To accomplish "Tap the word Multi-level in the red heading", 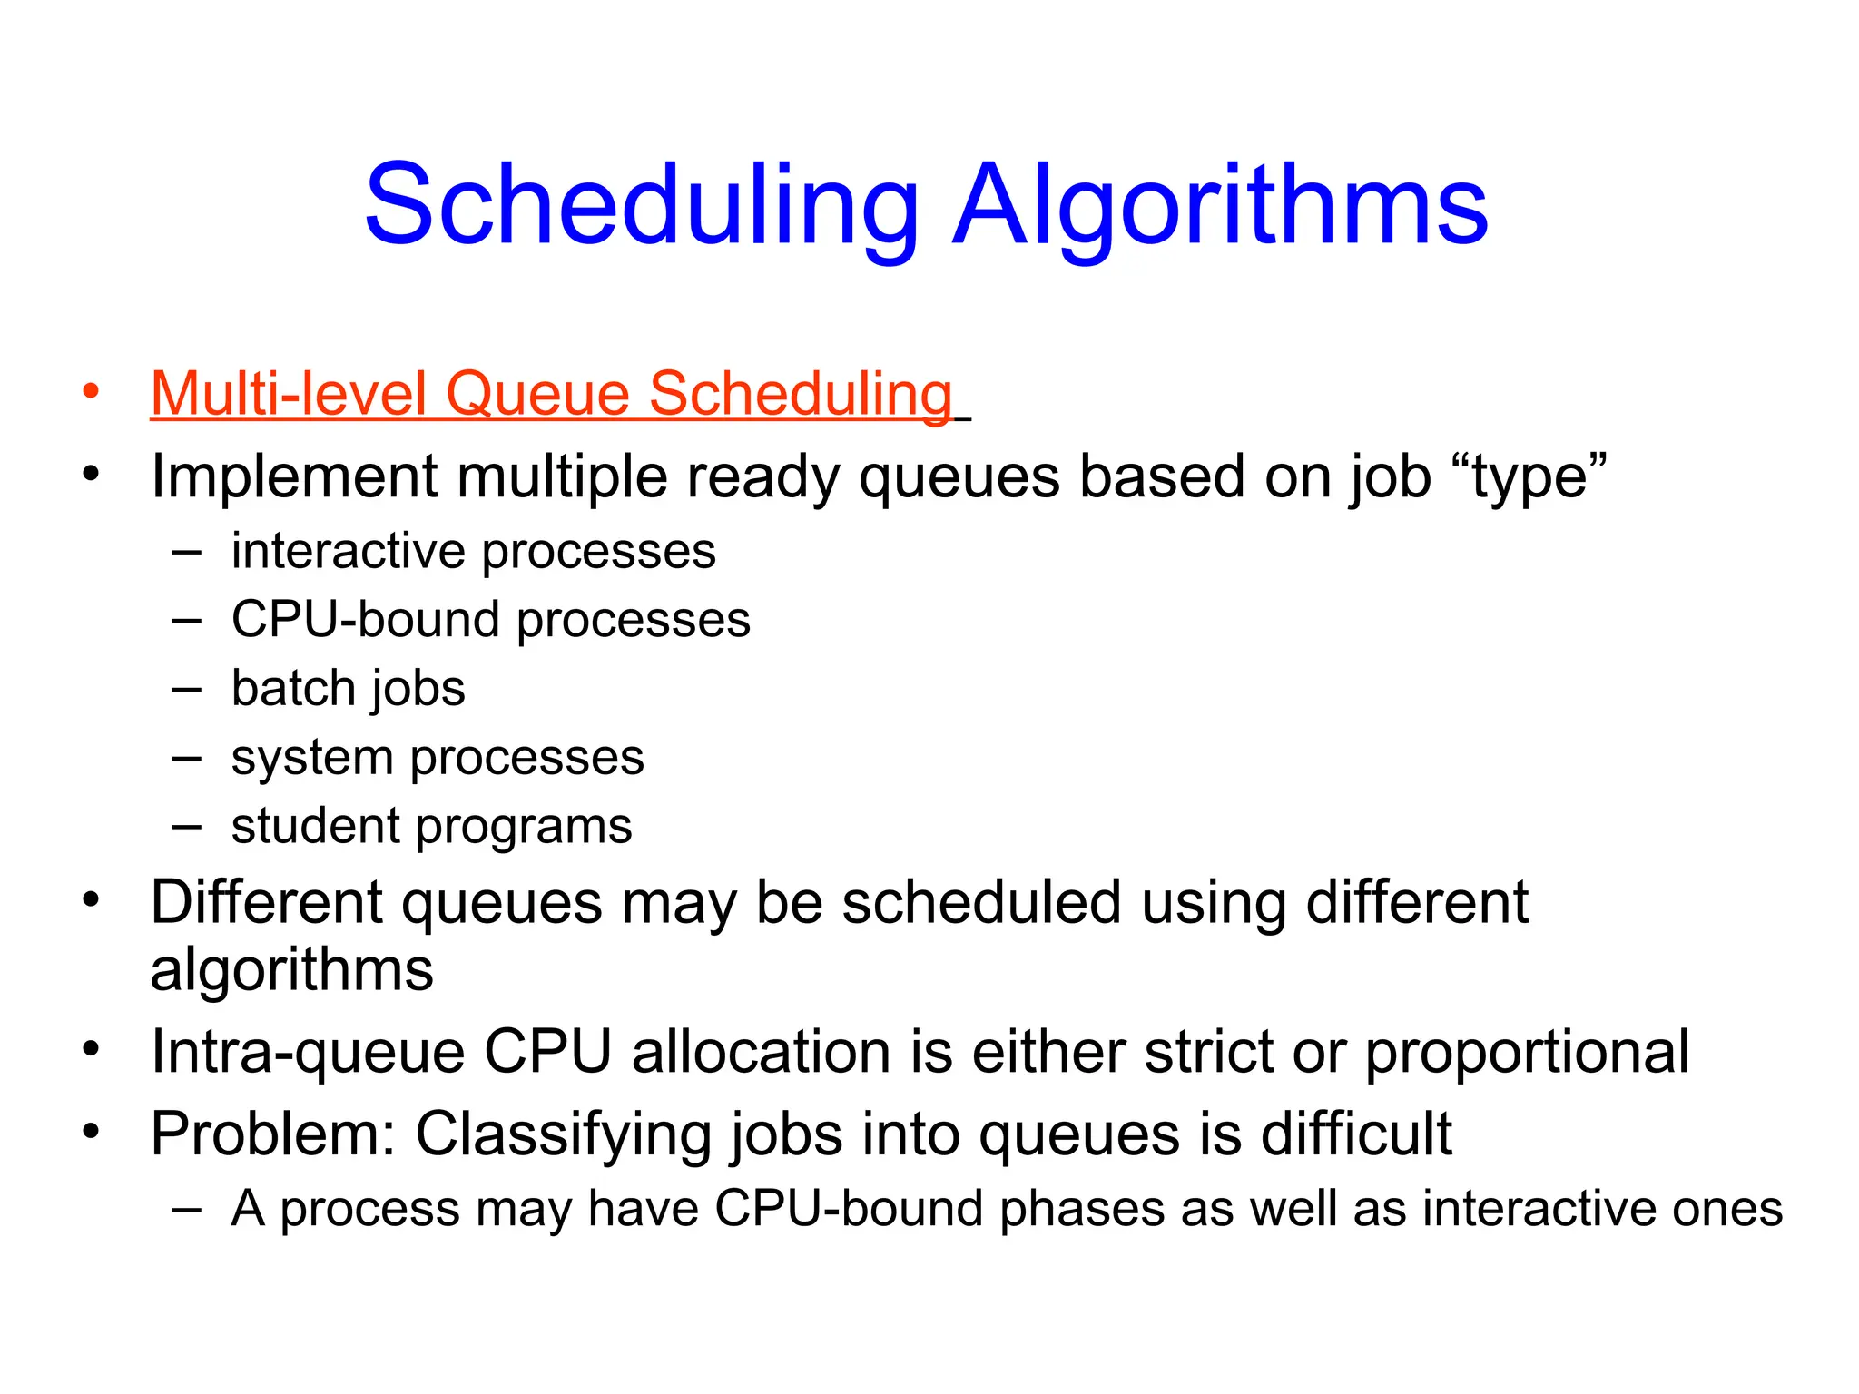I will tap(289, 395).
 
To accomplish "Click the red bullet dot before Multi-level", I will tap(90, 392).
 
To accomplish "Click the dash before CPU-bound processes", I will tap(186, 621).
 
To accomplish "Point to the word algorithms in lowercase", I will tap(291, 970).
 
